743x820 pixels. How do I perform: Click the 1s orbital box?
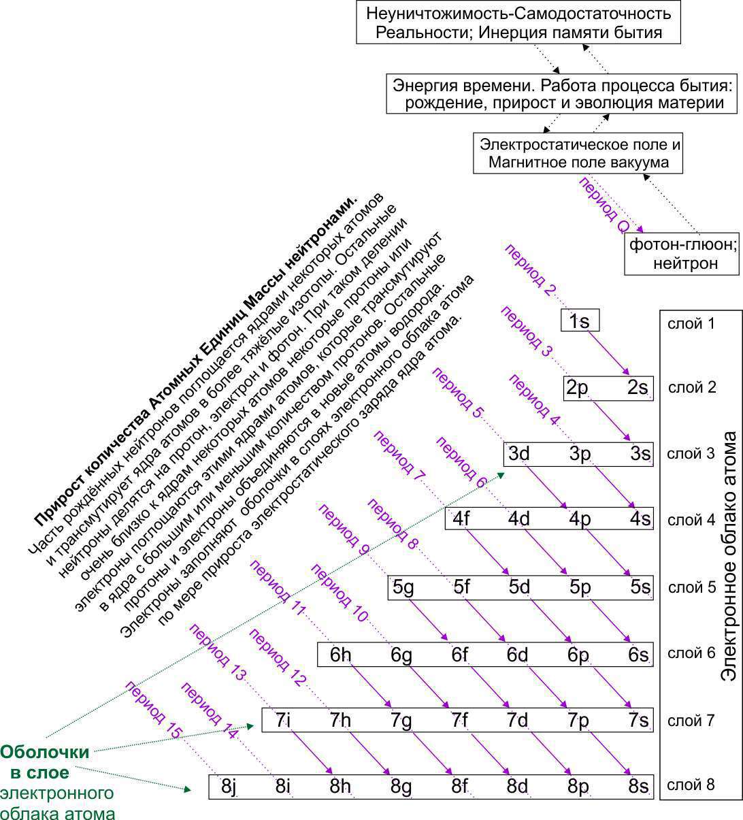click(580, 321)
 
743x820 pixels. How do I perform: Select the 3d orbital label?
click(519, 454)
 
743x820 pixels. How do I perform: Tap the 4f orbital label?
click(461, 519)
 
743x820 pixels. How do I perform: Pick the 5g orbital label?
click(403, 587)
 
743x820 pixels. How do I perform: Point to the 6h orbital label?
click(341, 654)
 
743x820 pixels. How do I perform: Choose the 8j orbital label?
click(229, 787)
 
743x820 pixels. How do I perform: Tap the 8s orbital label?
click(638, 787)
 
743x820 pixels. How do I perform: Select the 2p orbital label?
click(576, 388)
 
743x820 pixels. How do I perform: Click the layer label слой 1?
click(692, 323)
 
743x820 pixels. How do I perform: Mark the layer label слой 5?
click(692, 587)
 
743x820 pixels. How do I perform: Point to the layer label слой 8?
click(691, 785)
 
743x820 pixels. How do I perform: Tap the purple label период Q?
click(604, 205)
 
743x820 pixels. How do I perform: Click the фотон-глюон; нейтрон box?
click(682, 253)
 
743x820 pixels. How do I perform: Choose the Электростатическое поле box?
click(578, 154)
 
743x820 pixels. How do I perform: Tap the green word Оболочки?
click(45, 752)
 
